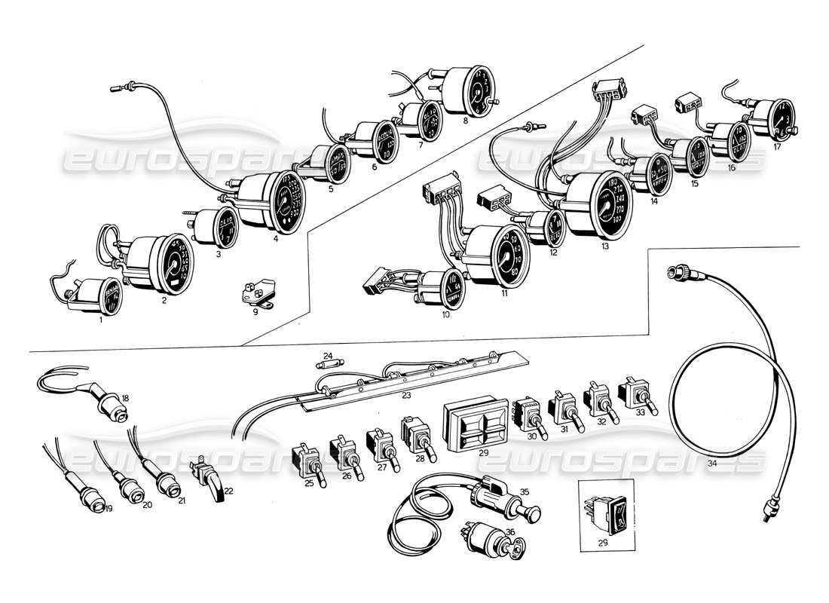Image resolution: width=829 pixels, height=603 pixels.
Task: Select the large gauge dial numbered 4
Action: [285, 201]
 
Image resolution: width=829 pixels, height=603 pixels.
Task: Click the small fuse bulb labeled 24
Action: [332, 363]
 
